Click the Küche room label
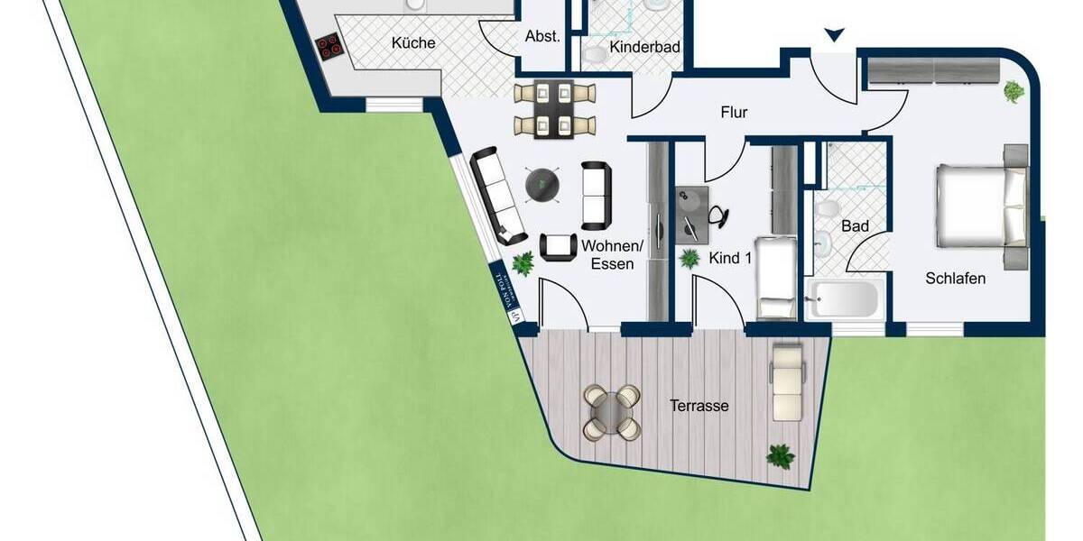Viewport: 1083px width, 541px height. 413,42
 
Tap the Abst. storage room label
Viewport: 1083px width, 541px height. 542,37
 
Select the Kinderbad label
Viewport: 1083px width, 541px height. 643,47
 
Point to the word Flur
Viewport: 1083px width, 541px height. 734,113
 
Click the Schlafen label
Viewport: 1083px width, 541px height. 955,279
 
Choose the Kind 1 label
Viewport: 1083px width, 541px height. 730,259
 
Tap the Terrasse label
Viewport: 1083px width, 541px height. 699,406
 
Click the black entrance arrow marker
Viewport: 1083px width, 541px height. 835,35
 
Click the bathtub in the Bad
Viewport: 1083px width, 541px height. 846,298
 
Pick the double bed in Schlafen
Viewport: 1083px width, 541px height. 982,206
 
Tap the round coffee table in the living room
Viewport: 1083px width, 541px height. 543,185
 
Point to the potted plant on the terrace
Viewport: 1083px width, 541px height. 780,456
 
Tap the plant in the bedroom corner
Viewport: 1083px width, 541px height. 1014,91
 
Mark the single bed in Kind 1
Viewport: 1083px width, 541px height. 775,278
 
